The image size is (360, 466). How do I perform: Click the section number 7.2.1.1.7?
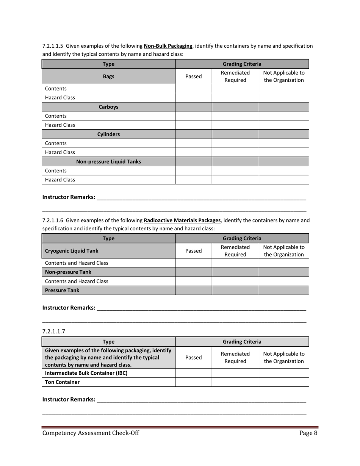(53, 331)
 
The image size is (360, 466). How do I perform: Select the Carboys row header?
(108, 107)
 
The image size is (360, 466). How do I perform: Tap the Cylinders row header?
(108, 134)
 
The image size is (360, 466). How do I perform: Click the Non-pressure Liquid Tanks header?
(108, 162)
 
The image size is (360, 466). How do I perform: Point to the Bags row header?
(108, 77)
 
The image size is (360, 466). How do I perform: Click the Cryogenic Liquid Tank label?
(72, 251)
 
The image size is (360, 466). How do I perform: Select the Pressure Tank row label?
(62, 290)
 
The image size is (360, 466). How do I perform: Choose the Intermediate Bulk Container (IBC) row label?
(86, 373)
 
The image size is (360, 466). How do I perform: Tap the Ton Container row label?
(62, 382)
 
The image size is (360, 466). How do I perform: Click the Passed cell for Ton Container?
(193, 382)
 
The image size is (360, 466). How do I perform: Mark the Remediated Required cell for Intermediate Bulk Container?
(235, 373)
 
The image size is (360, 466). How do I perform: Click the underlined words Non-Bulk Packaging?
(168, 46)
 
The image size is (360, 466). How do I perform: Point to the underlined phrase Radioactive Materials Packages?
(182, 220)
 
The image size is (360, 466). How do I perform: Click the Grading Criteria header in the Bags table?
(242, 64)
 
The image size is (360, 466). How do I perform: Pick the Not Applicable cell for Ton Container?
(284, 382)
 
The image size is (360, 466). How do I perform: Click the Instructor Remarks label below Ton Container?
(69, 399)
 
